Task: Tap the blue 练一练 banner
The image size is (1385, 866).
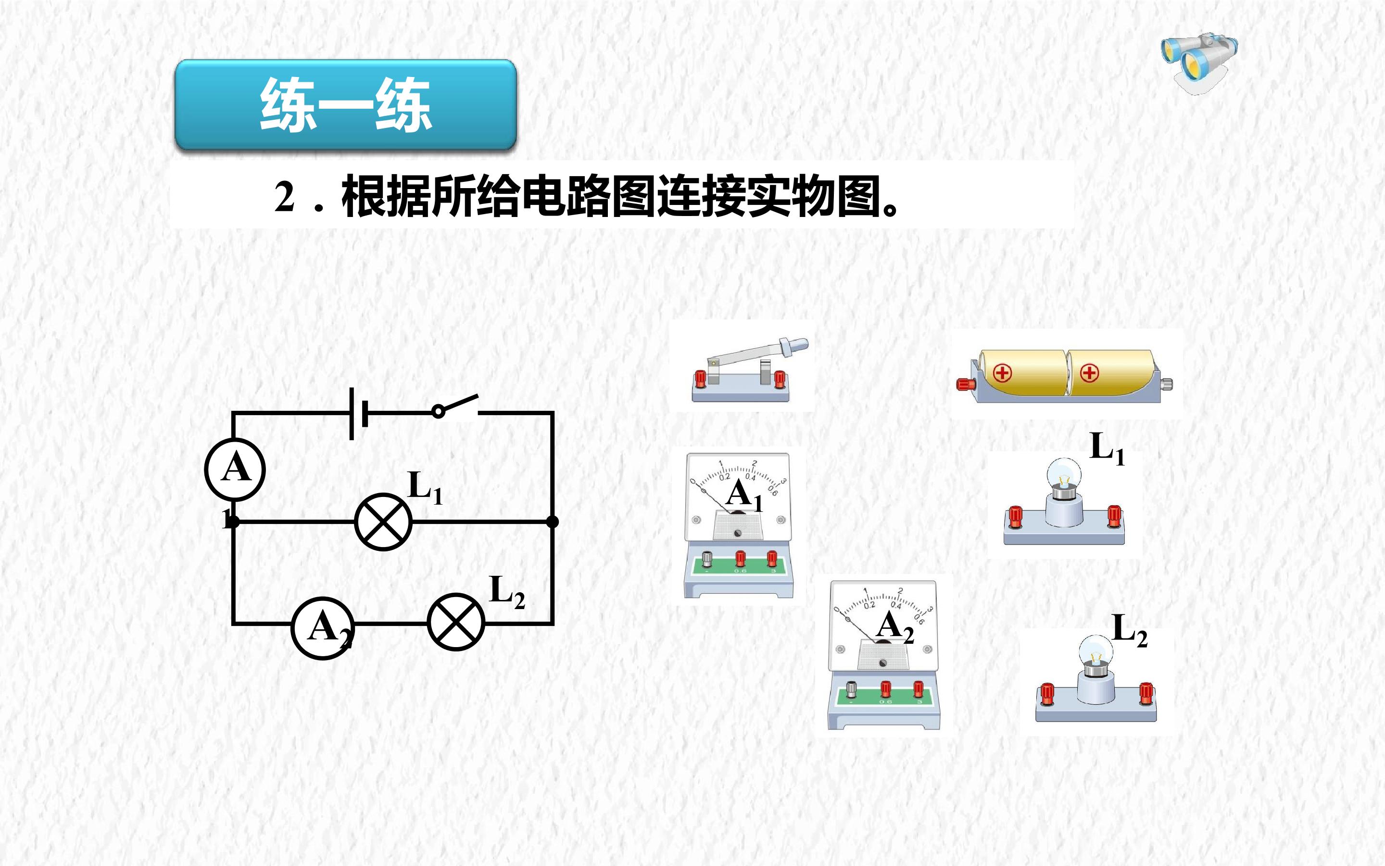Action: point(346,105)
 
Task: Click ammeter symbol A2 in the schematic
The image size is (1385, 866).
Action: point(323,628)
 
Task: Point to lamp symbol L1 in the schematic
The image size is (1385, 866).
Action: point(383,522)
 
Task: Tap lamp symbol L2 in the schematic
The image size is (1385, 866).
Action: point(456,622)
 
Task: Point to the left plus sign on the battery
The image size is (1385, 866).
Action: point(1002,373)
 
